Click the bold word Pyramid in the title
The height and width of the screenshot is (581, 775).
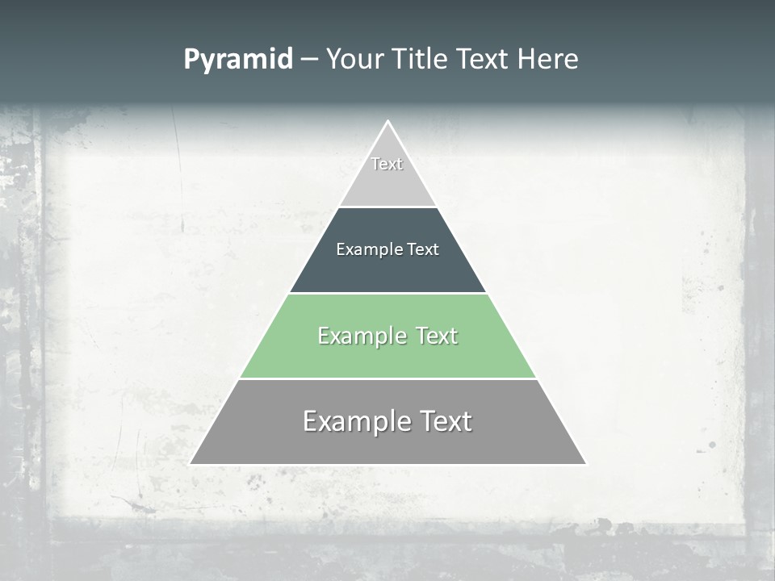[x=238, y=60]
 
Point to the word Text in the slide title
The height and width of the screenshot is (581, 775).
[x=483, y=60]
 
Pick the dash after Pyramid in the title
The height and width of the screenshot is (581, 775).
[x=308, y=60]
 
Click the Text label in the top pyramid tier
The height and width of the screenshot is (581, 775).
[x=387, y=164]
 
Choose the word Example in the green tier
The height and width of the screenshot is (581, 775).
[x=362, y=336]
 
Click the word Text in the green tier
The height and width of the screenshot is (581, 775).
[x=436, y=336]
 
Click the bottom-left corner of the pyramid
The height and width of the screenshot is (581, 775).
[x=191, y=464]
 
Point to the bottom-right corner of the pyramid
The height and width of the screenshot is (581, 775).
[x=585, y=464]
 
